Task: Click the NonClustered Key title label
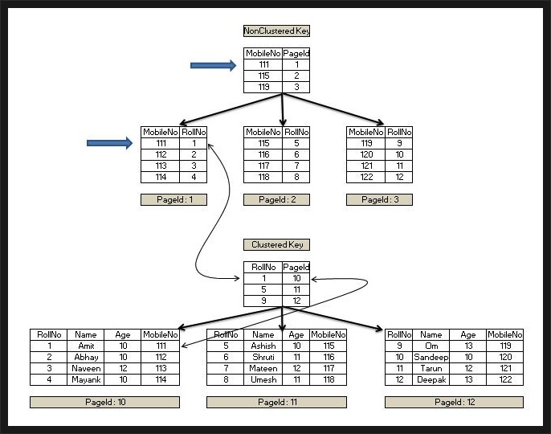pyautogui.click(x=276, y=31)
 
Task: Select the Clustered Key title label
pyautogui.click(x=276, y=244)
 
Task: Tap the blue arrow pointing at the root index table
pyautogui.click(x=213, y=65)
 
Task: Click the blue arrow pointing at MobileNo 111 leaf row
pyautogui.click(x=109, y=143)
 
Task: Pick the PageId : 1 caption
pyautogui.click(x=173, y=199)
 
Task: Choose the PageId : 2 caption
pyautogui.click(x=276, y=199)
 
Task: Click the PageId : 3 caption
pyautogui.click(x=379, y=199)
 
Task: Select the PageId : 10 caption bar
pyautogui.click(x=104, y=402)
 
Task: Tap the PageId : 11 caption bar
pyautogui.click(x=276, y=402)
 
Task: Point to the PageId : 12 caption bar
pyautogui.click(x=454, y=402)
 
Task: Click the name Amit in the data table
pyautogui.click(x=87, y=346)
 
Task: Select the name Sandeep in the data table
pyautogui.click(x=431, y=357)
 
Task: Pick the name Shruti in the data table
pyautogui.click(x=263, y=357)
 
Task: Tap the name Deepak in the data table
pyautogui.click(x=431, y=379)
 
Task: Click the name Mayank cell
pyautogui.click(x=87, y=379)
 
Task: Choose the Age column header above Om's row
pyautogui.click(x=468, y=334)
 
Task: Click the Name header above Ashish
pyautogui.click(x=263, y=334)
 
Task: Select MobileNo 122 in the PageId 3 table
pyautogui.click(x=365, y=177)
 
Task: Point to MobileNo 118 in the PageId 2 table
pyautogui.click(x=263, y=177)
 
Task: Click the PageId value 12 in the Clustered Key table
pyautogui.click(x=296, y=301)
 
